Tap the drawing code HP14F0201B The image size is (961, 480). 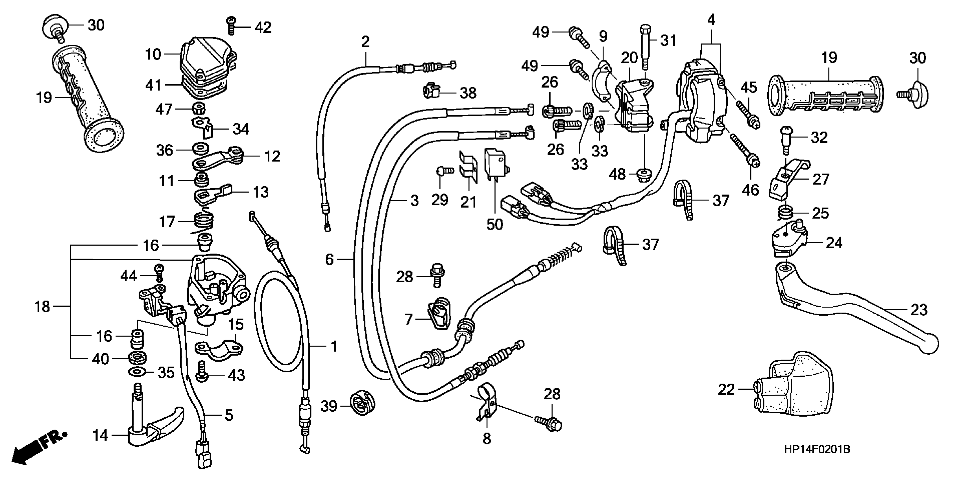point(817,450)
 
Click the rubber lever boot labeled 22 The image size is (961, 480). point(795,388)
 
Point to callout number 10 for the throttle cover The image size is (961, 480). point(152,54)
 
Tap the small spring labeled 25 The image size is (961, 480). point(786,213)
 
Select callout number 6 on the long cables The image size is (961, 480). point(329,259)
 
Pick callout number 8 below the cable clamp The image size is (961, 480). point(487,438)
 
